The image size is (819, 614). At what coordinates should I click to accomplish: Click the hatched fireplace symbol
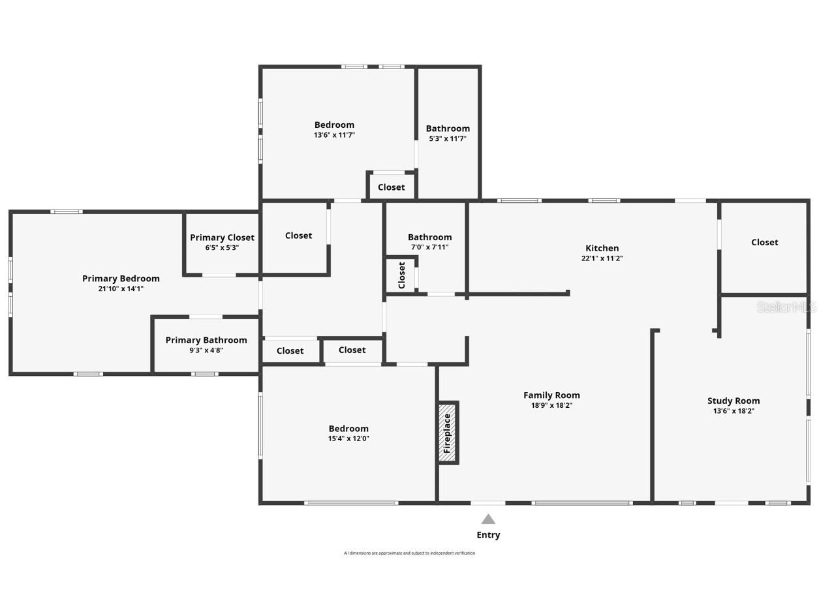point(447,433)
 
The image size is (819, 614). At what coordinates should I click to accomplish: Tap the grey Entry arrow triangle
point(488,519)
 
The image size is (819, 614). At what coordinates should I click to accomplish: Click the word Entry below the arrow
point(488,535)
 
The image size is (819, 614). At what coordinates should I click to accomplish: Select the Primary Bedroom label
point(121,279)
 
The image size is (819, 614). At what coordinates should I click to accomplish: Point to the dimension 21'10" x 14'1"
point(121,288)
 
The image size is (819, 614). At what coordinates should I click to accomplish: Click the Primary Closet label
point(222,238)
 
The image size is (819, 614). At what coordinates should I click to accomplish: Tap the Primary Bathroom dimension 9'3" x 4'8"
point(206,350)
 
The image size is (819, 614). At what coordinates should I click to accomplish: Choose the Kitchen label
point(602,248)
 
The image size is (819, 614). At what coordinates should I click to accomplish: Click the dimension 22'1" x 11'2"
point(602,258)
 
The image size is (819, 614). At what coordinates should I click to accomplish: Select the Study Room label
point(734,401)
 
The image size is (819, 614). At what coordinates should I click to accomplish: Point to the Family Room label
point(551,395)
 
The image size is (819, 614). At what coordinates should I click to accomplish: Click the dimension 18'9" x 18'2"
point(551,405)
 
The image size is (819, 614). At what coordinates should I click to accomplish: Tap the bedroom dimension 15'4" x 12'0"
point(348,438)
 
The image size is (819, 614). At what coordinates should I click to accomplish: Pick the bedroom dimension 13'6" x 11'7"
point(334,135)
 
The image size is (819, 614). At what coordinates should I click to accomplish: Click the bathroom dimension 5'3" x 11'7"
point(448,138)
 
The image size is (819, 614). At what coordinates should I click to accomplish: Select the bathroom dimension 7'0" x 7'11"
point(429,247)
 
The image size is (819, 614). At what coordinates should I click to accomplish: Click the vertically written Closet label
point(402,275)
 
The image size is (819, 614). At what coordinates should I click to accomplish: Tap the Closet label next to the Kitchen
point(764,242)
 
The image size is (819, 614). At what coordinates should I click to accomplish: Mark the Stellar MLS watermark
point(786,307)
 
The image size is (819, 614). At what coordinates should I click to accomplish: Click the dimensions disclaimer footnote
point(409,553)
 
